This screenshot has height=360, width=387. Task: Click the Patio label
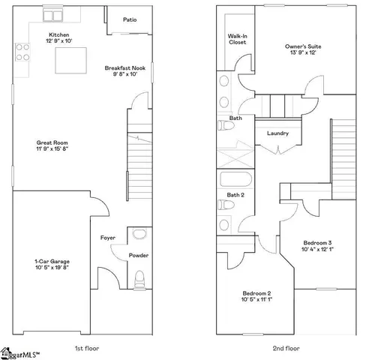[130, 20]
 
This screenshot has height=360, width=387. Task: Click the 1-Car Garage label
[50, 263]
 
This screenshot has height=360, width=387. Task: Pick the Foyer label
[107, 238]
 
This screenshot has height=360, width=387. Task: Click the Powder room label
[139, 255]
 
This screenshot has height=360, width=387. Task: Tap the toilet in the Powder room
[139, 281]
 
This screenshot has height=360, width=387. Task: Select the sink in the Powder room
[139, 235]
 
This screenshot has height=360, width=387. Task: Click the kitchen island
[69, 61]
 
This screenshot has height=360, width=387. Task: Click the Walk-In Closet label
[237, 39]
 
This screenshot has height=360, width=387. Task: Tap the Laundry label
[277, 133]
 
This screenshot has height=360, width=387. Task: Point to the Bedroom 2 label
[256, 295]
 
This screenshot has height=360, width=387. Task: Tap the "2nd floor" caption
[286, 348]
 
